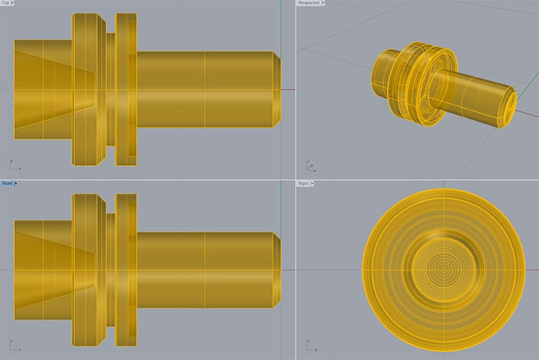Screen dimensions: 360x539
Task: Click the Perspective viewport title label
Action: [x=308, y=3]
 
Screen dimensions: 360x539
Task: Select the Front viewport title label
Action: [x=7, y=183]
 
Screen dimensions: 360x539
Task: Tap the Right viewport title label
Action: [x=304, y=183]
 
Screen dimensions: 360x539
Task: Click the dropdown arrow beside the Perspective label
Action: [x=323, y=3]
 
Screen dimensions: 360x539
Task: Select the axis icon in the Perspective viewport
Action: [x=309, y=164]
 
